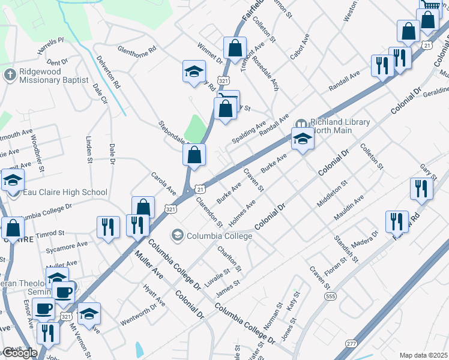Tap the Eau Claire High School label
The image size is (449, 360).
pos(64,193)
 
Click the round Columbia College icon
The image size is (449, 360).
pos(178,235)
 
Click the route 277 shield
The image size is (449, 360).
pos(352,344)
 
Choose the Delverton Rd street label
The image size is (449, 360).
pos(108,72)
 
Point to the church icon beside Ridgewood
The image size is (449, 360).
pos(9,75)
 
